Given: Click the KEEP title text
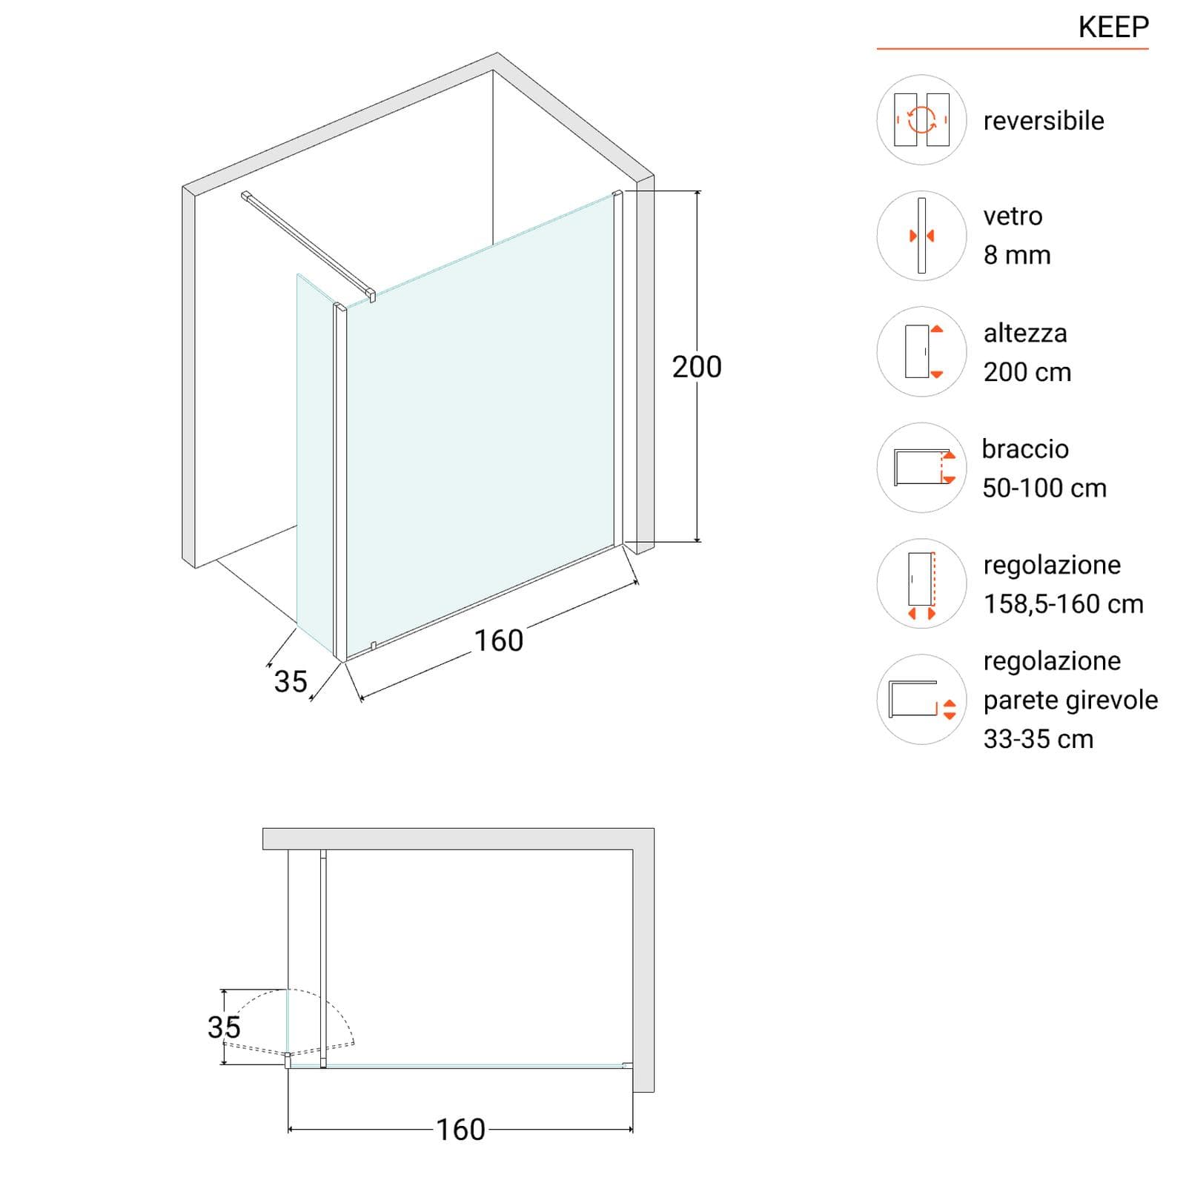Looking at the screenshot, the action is point(1113,27).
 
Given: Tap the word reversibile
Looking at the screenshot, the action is point(1044,121).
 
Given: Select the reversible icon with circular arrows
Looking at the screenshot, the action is point(921,119).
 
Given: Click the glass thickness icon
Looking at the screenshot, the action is point(921,236).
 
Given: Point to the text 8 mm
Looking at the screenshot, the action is point(1017,255).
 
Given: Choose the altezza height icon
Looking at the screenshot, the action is point(921,351).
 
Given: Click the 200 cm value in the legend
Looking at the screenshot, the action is point(1027,372).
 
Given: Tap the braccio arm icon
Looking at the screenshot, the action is point(921,468).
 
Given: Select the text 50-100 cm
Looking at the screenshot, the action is point(1044,488).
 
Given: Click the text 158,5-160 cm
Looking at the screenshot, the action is point(1064,604).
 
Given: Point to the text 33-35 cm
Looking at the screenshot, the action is point(1038,739).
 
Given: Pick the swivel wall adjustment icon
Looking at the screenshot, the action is point(921,699).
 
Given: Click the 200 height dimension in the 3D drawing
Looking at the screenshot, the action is point(697,367).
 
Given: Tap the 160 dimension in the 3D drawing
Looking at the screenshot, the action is point(499,641).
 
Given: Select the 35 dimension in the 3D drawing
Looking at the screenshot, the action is point(291,682).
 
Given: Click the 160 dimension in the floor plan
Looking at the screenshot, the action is point(460,1130).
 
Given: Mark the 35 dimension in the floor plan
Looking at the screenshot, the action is point(224,1027).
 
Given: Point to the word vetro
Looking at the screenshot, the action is point(1013,216).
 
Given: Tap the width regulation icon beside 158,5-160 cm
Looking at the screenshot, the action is point(921,583).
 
